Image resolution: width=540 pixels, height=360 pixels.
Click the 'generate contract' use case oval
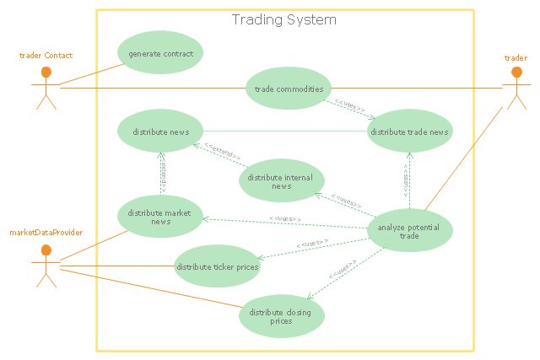160,54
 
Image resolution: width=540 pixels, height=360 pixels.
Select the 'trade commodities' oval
288,88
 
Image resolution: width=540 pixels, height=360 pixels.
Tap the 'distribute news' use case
159,132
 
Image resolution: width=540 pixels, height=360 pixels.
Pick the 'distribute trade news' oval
409,132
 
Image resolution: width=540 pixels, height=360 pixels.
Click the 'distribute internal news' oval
281,181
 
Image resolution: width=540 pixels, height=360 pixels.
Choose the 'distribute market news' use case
159,217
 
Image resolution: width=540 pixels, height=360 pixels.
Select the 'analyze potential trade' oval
409,230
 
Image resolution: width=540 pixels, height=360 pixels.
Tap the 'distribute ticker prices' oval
217,267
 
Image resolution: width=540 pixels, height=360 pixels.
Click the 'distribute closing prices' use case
281,316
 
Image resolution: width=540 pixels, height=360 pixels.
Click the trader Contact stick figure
46,88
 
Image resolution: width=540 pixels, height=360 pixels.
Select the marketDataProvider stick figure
46,265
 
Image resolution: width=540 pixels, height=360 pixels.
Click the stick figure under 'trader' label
516,87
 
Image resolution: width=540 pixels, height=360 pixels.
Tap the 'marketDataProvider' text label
46,232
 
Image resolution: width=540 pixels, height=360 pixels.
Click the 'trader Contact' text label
46,56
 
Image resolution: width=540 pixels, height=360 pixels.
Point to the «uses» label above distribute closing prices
341,271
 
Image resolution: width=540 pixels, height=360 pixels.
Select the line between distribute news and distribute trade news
284,132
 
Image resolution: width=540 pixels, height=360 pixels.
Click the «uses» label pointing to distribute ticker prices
312,244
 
